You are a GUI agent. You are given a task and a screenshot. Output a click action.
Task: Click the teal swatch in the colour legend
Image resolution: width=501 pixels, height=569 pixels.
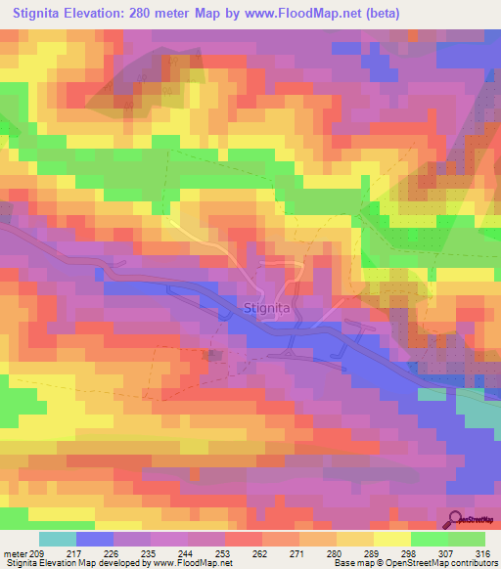tap(58, 539)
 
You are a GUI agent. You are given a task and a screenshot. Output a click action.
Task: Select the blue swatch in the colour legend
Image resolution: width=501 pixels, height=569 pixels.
tap(94, 539)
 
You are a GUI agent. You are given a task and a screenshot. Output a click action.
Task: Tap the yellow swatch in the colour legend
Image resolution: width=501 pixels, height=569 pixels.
tap(391, 539)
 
